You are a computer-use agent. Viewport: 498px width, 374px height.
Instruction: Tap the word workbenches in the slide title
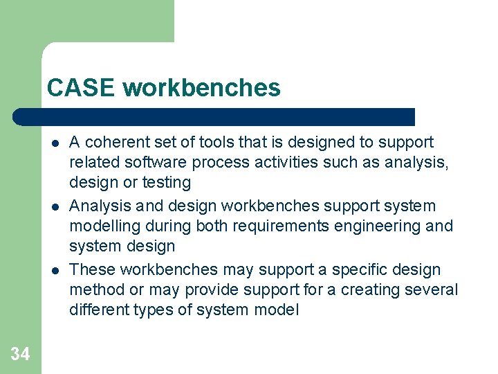202,88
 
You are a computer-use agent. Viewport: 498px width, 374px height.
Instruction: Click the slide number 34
20,355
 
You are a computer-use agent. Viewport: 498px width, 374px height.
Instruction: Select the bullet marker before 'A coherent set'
53,143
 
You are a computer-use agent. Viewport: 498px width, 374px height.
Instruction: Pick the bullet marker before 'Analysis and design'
53,207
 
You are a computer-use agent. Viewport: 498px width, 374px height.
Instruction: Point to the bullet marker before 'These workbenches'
53,271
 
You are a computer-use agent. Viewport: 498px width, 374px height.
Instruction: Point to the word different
96,310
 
